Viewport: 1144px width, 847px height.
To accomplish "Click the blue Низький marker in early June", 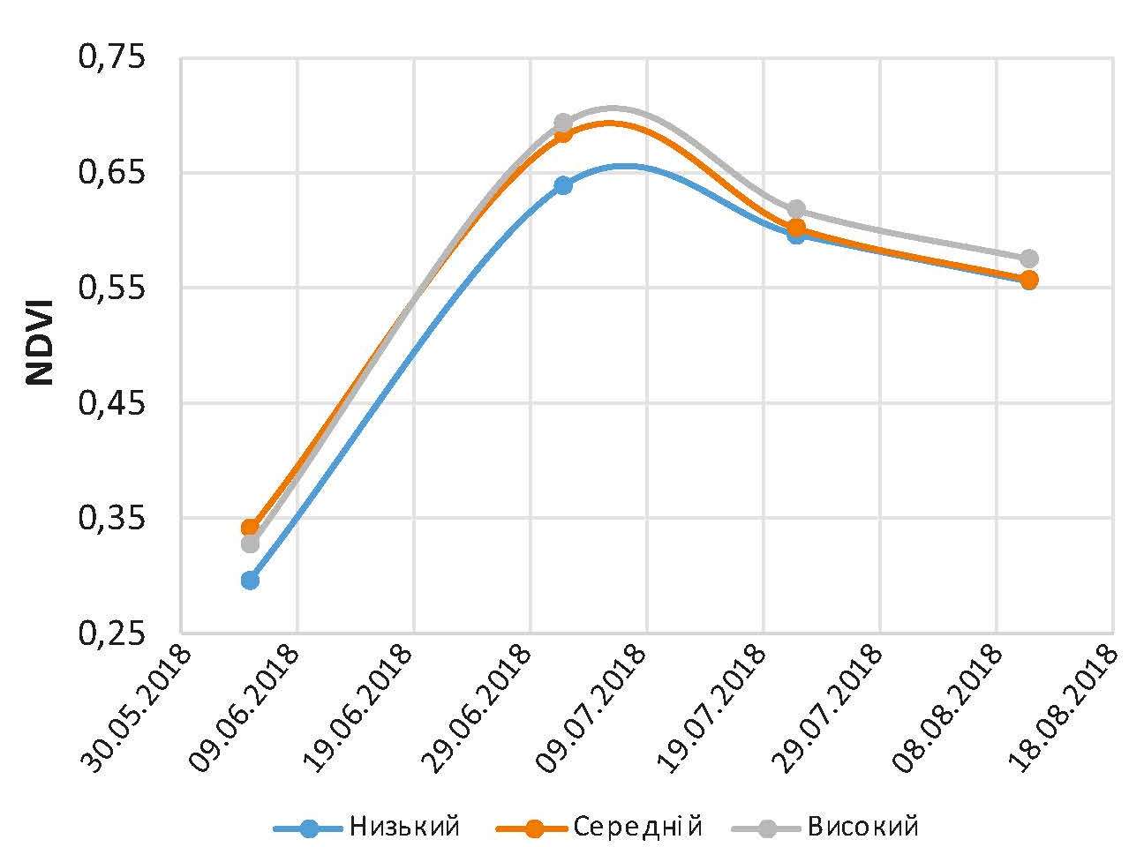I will point(251,580).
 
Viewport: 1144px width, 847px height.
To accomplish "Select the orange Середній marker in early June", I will point(251,528).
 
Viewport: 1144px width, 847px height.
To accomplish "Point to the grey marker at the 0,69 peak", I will point(563,122).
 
